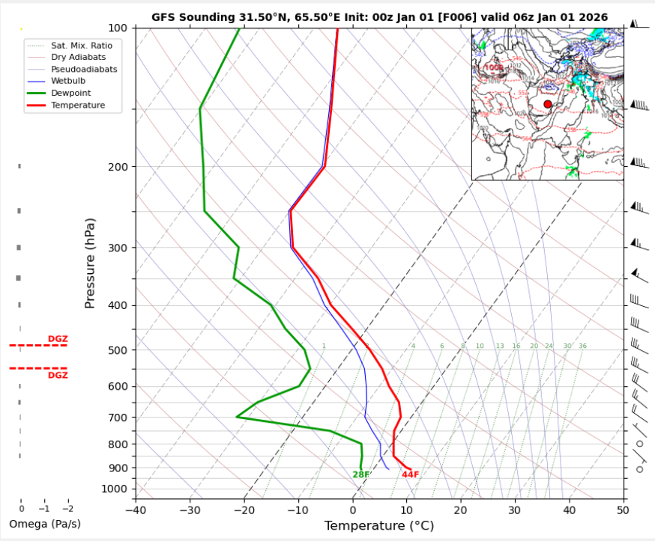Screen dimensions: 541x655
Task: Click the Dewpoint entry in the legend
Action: [x=70, y=93]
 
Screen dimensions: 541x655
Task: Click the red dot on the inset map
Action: [x=548, y=104]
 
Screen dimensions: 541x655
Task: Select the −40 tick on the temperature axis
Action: [x=136, y=510]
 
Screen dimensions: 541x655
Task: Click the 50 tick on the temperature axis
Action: [x=623, y=510]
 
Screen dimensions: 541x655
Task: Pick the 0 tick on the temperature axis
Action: [x=353, y=510]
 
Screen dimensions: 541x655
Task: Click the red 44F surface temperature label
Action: [x=410, y=474]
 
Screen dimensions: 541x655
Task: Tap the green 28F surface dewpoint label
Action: [x=361, y=474]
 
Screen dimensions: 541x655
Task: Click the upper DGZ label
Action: [x=58, y=339]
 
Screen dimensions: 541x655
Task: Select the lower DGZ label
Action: [x=58, y=375]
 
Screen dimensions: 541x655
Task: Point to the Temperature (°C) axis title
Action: [x=379, y=526]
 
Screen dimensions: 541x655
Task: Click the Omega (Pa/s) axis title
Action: [x=44, y=524]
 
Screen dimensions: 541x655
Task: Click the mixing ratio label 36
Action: [x=582, y=346]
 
